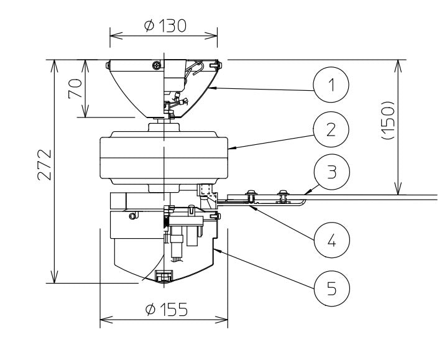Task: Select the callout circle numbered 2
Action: click(x=331, y=129)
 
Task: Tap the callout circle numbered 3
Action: click(x=331, y=171)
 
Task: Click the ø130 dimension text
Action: click(x=164, y=25)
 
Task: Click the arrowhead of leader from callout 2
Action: click(x=230, y=149)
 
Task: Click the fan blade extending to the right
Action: click(x=373, y=198)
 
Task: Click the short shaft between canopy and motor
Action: click(x=164, y=124)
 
